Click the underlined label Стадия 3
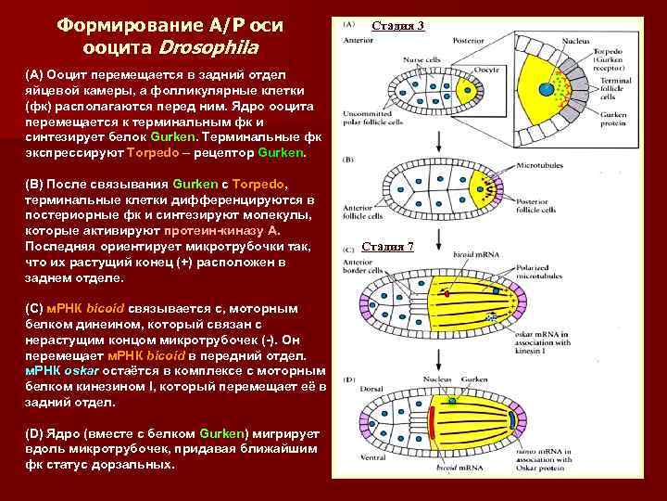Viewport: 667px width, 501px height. (x=398, y=25)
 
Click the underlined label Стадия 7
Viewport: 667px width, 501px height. (x=387, y=246)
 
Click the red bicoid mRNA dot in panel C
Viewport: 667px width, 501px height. (x=447, y=294)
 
